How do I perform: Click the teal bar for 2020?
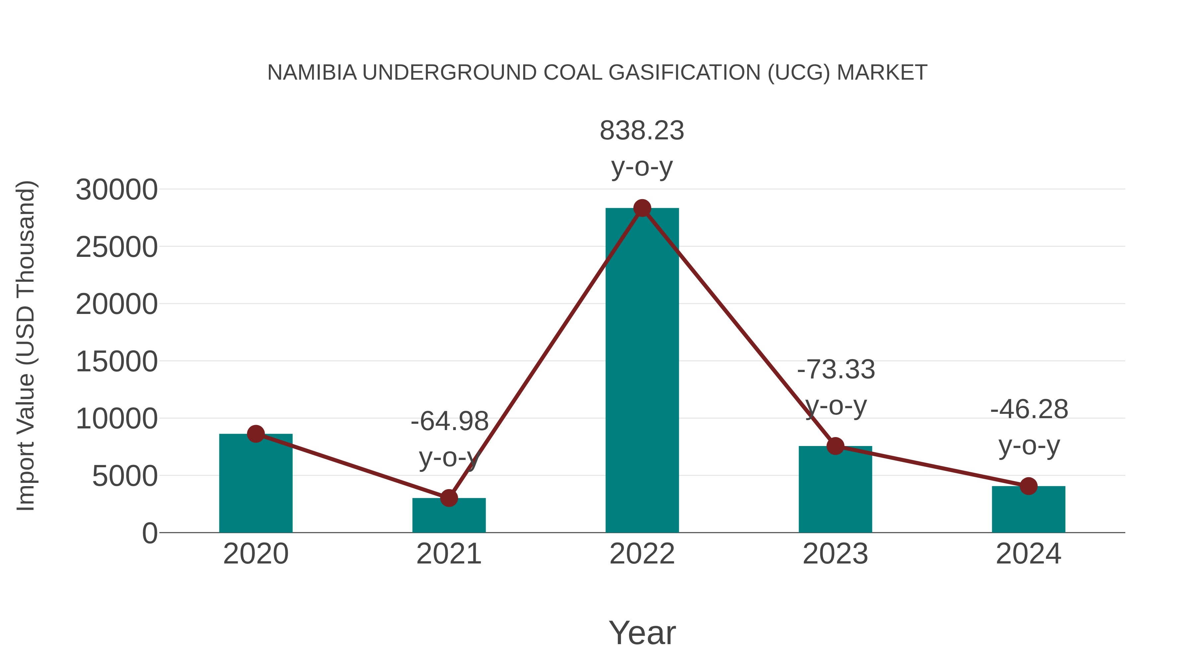coord(256,485)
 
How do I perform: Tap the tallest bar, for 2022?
coord(642,371)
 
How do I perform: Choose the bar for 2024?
coord(1028,510)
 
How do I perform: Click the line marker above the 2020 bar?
coord(256,434)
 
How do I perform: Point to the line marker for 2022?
coord(642,208)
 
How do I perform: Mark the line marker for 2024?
coord(1028,486)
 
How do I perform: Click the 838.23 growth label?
coord(642,131)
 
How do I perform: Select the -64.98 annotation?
coord(449,421)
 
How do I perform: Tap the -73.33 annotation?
coord(836,370)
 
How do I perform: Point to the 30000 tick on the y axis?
coord(117,190)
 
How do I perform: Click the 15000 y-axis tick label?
coord(117,362)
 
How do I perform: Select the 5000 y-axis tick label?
coord(125,476)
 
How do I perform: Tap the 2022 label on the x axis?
coord(642,554)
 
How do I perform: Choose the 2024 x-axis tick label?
coord(1028,554)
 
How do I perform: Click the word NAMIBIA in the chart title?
coord(312,73)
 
